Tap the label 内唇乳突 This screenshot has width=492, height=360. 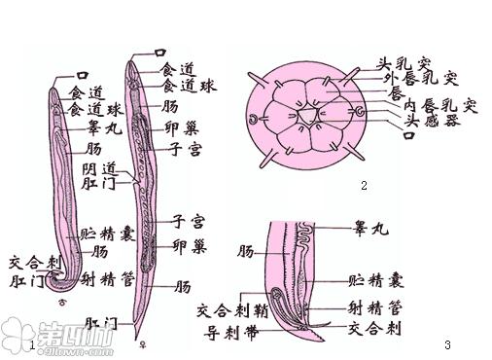click(x=442, y=105)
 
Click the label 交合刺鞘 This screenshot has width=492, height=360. click(x=230, y=311)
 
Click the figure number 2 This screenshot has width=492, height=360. click(x=363, y=185)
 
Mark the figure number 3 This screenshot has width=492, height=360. click(x=446, y=344)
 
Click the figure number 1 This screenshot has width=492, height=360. click(x=34, y=344)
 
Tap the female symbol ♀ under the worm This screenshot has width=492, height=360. click(x=145, y=343)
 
